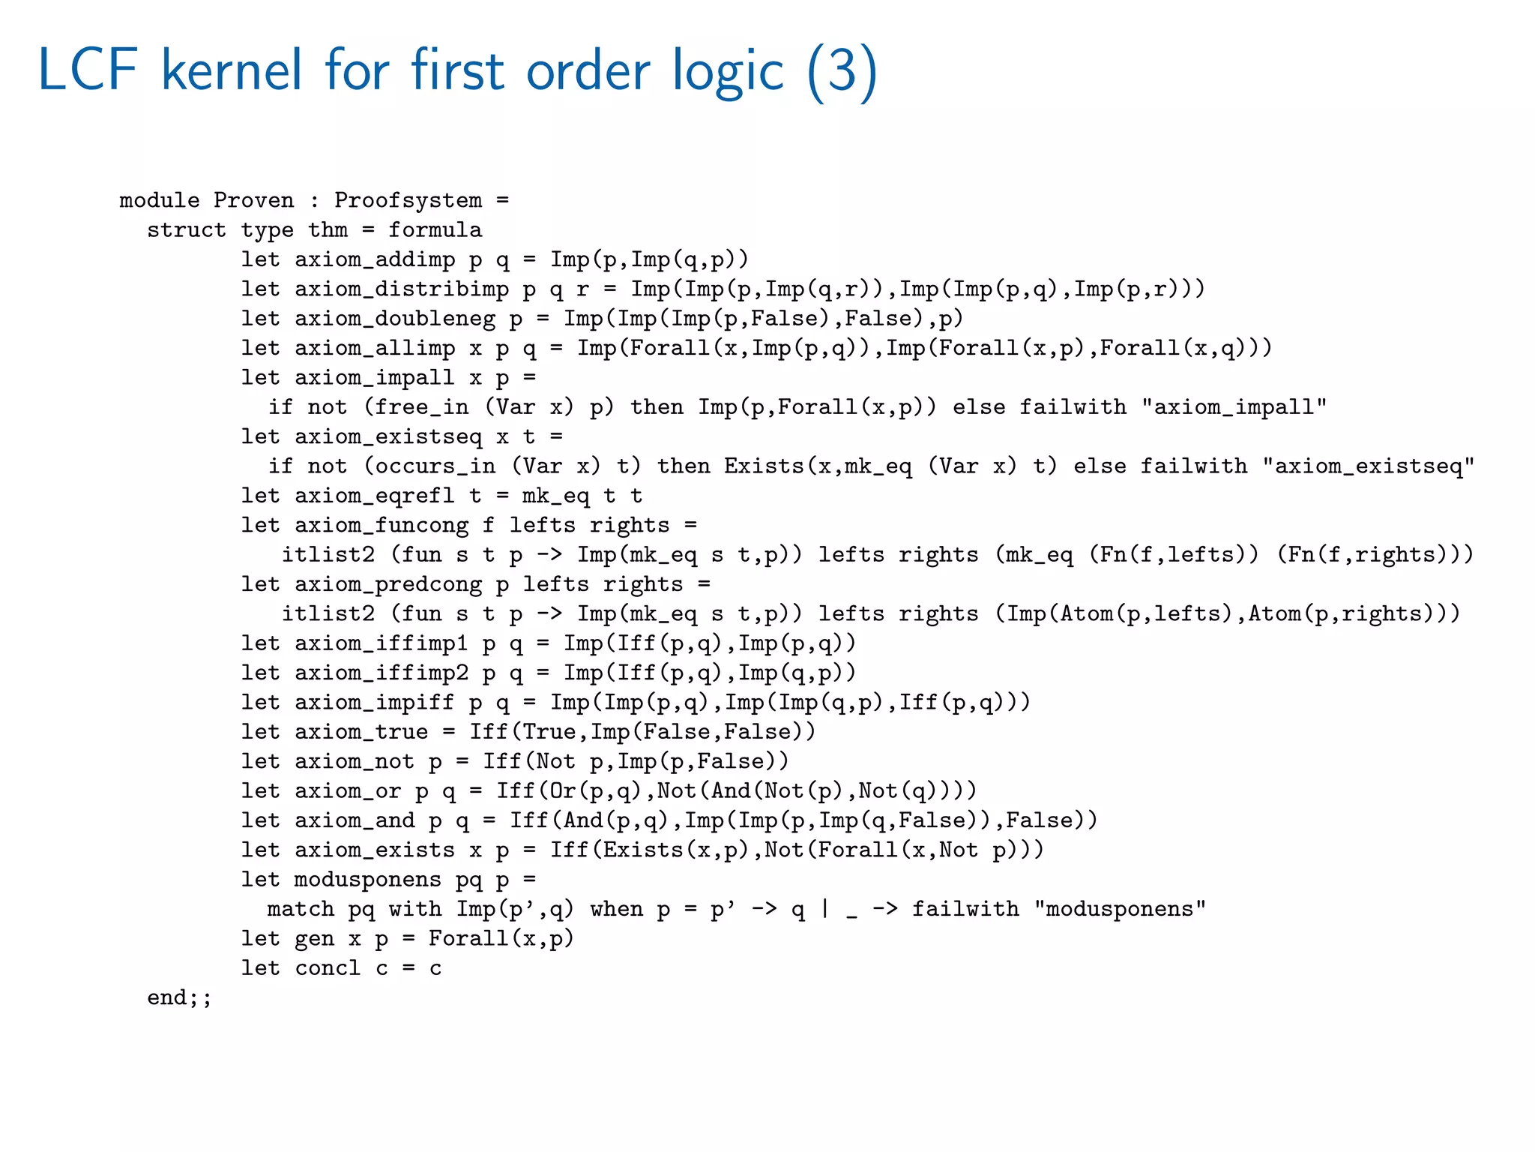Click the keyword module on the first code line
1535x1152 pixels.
(160, 200)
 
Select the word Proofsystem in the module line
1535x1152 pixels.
(408, 200)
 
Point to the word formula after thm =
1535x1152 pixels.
(435, 229)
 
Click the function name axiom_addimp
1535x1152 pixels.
(375, 259)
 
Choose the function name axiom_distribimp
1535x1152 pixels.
(402, 289)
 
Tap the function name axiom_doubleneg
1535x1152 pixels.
(395, 319)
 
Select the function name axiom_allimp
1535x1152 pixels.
(375, 348)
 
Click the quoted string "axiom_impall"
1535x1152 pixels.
(1234, 407)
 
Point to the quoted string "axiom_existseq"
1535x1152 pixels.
(1368, 466)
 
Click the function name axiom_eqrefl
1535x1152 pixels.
(375, 496)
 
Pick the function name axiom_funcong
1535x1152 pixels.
(382, 525)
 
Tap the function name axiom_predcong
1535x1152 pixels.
(388, 584)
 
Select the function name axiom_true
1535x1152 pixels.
(361, 732)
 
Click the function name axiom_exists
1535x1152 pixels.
(375, 850)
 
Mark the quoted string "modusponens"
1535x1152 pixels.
(1120, 909)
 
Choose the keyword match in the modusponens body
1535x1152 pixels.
(301, 909)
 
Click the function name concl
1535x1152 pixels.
(328, 968)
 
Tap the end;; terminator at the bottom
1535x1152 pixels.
(180, 997)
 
